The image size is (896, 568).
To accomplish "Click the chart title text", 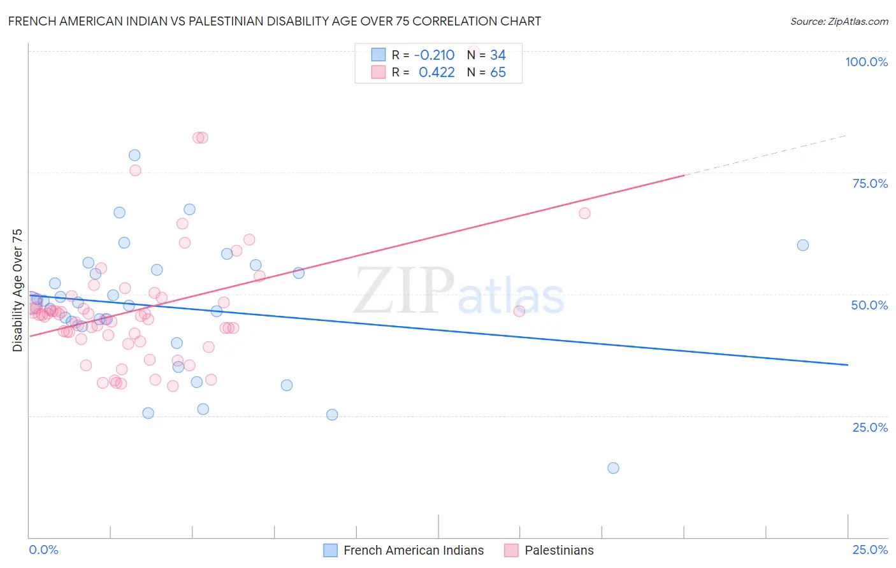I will (275, 21).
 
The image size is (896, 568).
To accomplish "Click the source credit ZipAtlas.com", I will (839, 21).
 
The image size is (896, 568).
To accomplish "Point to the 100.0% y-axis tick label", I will (866, 62).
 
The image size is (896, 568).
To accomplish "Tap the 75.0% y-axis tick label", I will (870, 183).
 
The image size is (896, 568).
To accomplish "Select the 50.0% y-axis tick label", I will (869, 305).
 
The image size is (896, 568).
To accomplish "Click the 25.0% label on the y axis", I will (870, 427).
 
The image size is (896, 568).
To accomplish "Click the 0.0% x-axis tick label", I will (44, 550).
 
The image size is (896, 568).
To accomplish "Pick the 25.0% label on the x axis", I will (870, 550).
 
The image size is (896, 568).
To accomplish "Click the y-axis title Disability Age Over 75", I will (18, 290).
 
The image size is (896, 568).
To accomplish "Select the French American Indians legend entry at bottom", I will (404, 550).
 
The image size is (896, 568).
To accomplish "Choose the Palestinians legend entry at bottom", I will (549, 550).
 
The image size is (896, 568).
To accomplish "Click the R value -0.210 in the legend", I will (434, 55).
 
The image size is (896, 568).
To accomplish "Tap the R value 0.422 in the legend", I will (437, 73).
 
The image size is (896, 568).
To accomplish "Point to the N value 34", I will (498, 55).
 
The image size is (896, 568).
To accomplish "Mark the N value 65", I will (498, 73).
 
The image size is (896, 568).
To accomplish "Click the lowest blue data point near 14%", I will (613, 468).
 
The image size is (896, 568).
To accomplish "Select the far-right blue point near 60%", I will (803, 245).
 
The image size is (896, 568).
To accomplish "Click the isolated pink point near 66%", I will (584, 213).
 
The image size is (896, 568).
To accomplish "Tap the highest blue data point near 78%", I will (134, 155).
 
